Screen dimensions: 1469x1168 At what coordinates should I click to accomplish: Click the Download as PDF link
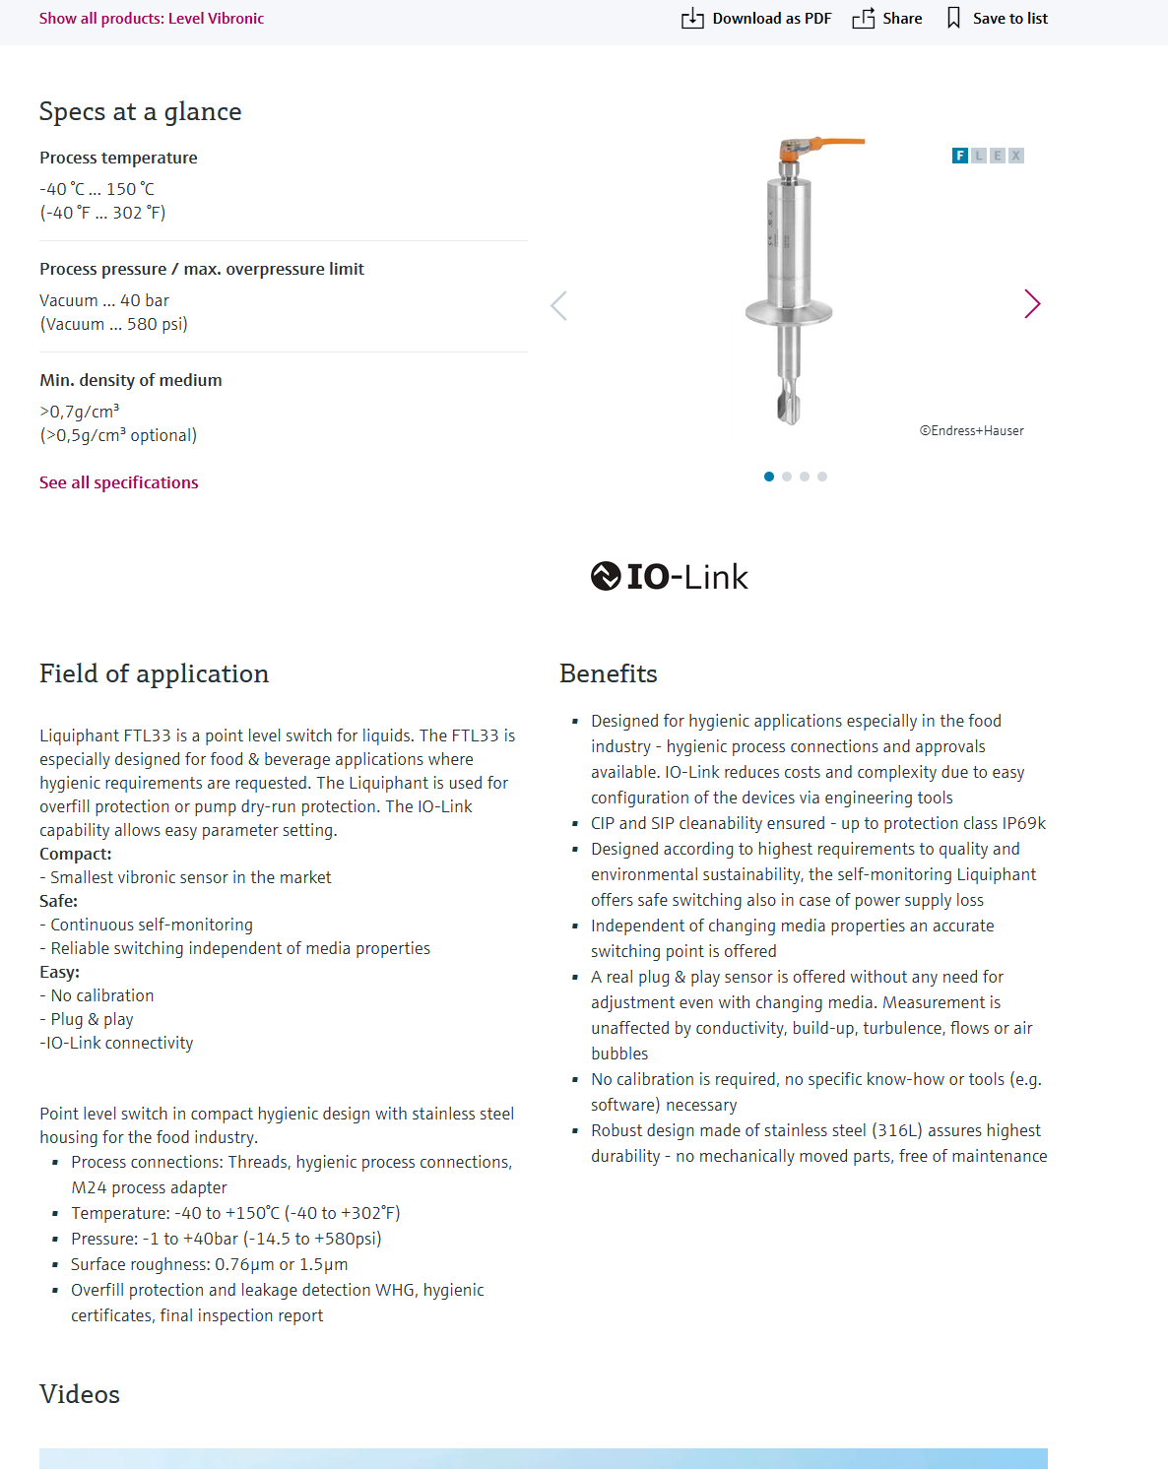[756, 19]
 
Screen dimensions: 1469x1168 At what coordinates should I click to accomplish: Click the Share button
[887, 19]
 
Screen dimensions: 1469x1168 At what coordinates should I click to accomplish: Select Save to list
[997, 19]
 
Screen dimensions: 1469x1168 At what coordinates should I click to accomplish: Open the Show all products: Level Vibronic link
[152, 19]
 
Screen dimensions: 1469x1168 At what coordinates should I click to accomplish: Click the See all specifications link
[119, 482]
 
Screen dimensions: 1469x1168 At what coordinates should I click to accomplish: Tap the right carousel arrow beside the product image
[1031, 304]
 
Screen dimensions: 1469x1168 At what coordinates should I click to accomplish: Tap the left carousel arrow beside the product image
[559, 305]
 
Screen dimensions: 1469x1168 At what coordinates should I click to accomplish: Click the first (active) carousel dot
[769, 477]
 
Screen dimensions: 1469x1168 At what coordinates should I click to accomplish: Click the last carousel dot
[822, 477]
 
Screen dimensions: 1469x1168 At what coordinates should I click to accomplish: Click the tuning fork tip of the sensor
[789, 408]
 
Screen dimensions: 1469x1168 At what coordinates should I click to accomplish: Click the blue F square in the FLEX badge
[960, 156]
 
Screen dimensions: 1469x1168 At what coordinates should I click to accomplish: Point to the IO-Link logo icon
[606, 576]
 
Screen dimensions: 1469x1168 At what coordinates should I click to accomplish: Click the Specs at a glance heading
[140, 112]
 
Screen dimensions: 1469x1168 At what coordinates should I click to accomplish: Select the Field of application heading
[154, 674]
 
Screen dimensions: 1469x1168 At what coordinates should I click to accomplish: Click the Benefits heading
[608, 674]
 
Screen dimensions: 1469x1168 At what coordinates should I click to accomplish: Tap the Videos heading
[80, 1395]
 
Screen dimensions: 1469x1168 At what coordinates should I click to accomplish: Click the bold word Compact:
[76, 854]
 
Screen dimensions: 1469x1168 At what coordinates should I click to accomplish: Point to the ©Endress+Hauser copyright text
[972, 431]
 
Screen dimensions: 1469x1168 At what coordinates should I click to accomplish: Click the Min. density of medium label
[131, 380]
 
